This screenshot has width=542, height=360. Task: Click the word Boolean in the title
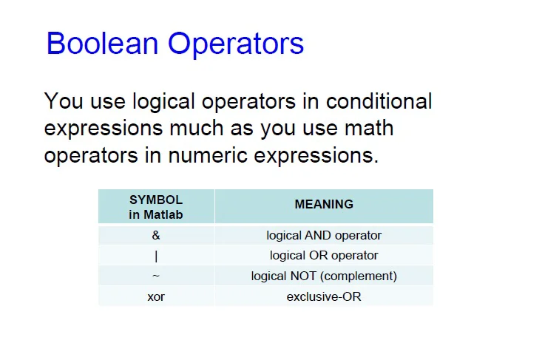pyautogui.click(x=102, y=43)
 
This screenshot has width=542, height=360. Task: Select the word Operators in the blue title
pyautogui.click(x=236, y=44)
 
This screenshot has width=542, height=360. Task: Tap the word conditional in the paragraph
pyautogui.click(x=379, y=101)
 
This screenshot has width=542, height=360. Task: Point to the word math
pyautogui.click(x=369, y=128)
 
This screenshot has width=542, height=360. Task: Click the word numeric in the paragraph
pyautogui.click(x=208, y=155)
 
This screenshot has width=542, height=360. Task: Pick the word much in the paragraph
pyautogui.click(x=197, y=128)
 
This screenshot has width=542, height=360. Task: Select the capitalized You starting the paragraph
pyautogui.click(x=64, y=101)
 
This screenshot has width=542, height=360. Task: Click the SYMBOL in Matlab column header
pyautogui.click(x=156, y=207)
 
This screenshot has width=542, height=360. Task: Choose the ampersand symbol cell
pyautogui.click(x=156, y=235)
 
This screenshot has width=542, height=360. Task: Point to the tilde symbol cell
pyautogui.click(x=156, y=276)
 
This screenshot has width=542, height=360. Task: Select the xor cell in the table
pyautogui.click(x=156, y=296)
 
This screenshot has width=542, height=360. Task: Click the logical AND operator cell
pyautogui.click(x=324, y=236)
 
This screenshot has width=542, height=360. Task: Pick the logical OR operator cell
pyautogui.click(x=324, y=256)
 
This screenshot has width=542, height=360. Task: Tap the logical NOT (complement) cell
pyautogui.click(x=324, y=276)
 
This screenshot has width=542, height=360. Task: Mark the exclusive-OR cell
pyautogui.click(x=324, y=296)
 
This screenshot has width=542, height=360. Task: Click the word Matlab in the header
pyautogui.click(x=163, y=214)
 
